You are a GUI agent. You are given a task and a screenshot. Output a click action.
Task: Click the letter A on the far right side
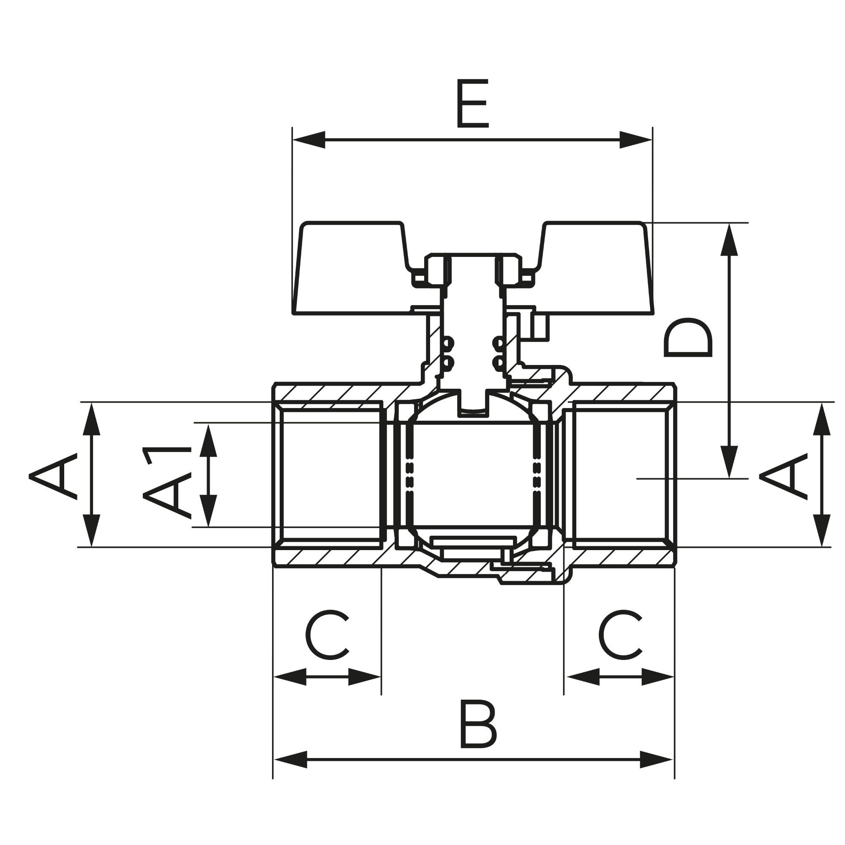(x=783, y=476)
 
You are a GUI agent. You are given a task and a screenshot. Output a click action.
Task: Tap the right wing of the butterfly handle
(x=595, y=268)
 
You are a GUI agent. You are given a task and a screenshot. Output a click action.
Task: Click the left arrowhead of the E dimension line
(x=309, y=139)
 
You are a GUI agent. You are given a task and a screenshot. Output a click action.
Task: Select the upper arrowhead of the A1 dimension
(x=208, y=440)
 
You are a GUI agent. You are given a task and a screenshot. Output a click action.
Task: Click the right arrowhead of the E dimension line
(x=635, y=139)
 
